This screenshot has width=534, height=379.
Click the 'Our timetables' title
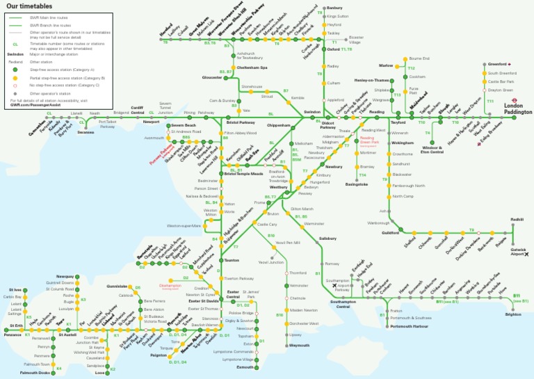click(x=29, y=6)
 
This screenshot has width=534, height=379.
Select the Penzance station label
click(x=12, y=334)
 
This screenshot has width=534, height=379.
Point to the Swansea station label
click(x=86, y=131)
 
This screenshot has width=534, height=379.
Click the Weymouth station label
click(x=299, y=346)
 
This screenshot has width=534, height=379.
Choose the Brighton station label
click(x=513, y=314)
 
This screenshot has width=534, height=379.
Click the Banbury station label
click(x=334, y=8)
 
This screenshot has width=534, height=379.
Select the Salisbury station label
click(x=327, y=239)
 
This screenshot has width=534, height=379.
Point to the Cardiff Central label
click(x=137, y=110)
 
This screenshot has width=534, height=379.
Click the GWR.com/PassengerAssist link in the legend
click(x=34, y=105)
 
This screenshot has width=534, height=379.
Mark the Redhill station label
click(x=517, y=219)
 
